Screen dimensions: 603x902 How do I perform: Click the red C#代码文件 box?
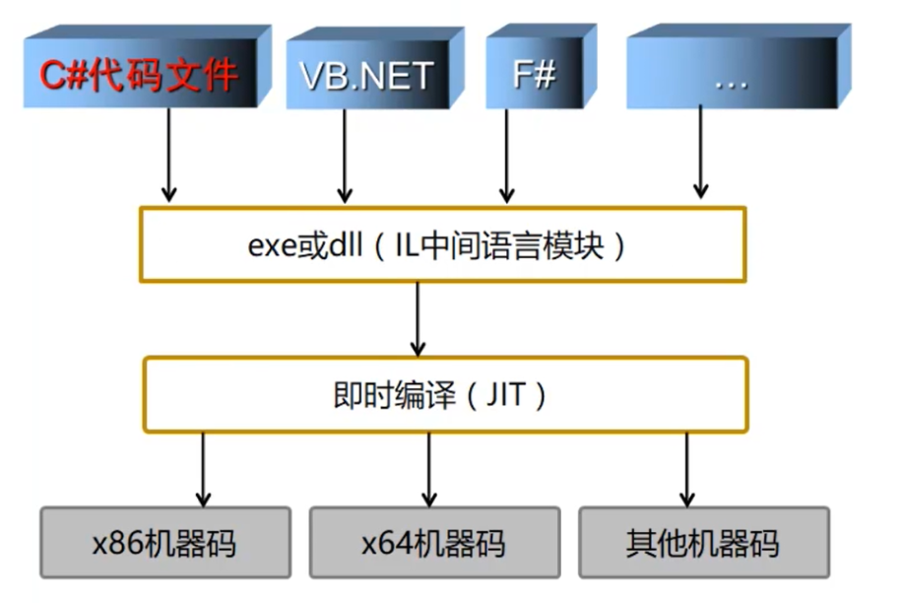[x=139, y=75]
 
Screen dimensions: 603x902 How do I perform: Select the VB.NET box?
[x=365, y=75]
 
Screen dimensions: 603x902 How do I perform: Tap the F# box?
[x=534, y=75]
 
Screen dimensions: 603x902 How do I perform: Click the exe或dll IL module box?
[x=442, y=244]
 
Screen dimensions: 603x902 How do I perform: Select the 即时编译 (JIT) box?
[x=442, y=394]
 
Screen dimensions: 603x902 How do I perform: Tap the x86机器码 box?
[x=165, y=542]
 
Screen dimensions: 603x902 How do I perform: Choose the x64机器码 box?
[x=434, y=542]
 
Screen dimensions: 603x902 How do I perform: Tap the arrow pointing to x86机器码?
[x=203, y=468]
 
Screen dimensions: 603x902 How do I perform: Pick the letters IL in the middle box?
[x=408, y=244]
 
